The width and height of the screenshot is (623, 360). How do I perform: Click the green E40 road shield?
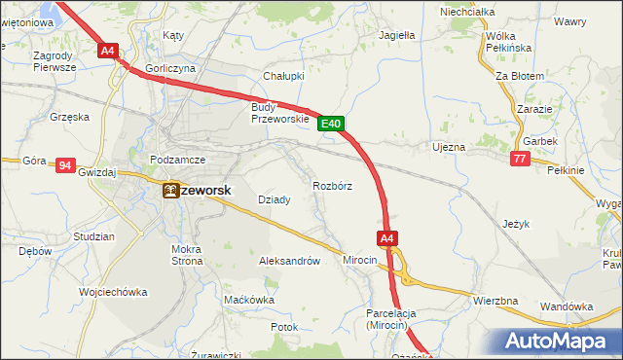pyautogui.click(x=331, y=124)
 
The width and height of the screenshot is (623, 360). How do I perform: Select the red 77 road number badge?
pyautogui.click(x=520, y=159)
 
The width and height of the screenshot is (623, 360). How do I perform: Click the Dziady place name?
pyautogui.click(x=274, y=199)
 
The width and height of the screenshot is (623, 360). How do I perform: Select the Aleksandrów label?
pyautogui.click(x=289, y=261)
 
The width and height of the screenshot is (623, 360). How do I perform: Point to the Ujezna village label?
pyautogui.click(x=449, y=147)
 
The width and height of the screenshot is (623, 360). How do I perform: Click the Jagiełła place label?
pyautogui.click(x=396, y=35)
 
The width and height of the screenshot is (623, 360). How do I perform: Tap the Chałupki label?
pyautogui.click(x=284, y=75)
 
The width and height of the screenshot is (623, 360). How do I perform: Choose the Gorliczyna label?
pyautogui.click(x=170, y=68)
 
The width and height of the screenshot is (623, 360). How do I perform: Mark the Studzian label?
pyautogui.click(x=93, y=236)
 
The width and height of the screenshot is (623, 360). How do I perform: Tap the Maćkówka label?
pyautogui.click(x=248, y=300)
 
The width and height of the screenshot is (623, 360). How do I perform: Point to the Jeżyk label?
pyautogui.click(x=516, y=224)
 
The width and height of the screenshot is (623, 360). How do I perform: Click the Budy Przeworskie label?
pyautogui.click(x=279, y=113)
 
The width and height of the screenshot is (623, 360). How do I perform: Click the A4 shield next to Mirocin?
pyautogui.click(x=386, y=237)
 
